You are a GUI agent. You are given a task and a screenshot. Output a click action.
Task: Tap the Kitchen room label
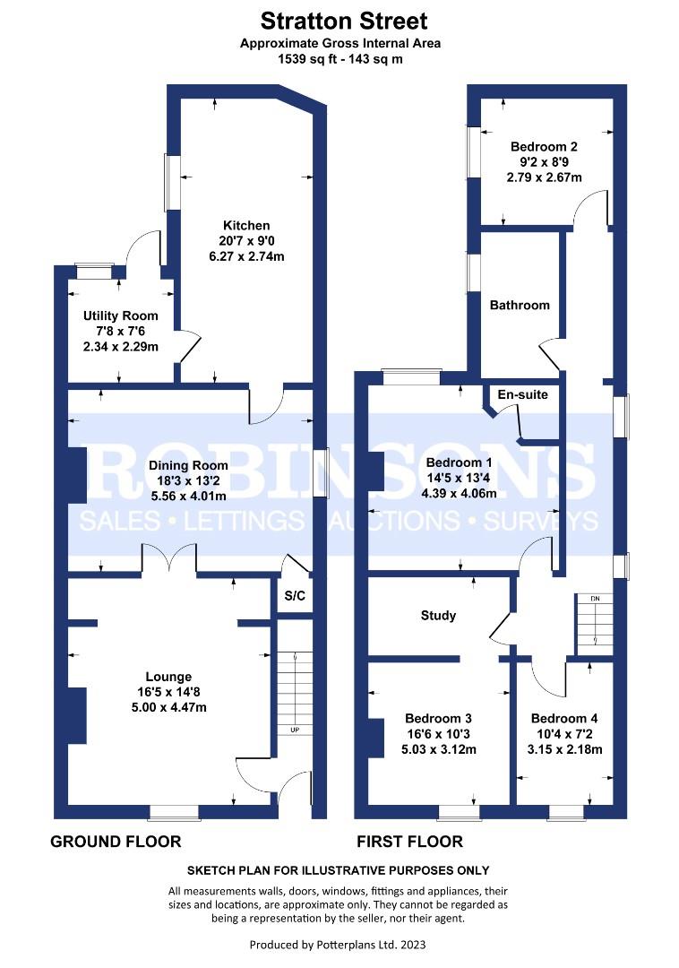pyautogui.click(x=246, y=225)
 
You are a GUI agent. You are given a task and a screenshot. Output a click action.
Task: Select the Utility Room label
pyautogui.click(x=121, y=315)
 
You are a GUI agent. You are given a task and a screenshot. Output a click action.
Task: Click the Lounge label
pyautogui.click(x=169, y=677)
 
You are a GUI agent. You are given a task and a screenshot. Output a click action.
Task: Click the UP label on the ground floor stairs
pyautogui.click(x=295, y=730)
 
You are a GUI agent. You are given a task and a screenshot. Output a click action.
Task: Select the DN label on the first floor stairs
pyautogui.click(x=593, y=598)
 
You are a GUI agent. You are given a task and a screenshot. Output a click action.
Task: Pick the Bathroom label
pyautogui.click(x=520, y=305)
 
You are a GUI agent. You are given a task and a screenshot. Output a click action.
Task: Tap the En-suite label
pyautogui.click(x=524, y=394)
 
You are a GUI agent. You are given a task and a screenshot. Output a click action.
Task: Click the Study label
pyautogui.click(x=438, y=616)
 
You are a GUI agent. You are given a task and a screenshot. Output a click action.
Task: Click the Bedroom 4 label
pyautogui.click(x=564, y=719)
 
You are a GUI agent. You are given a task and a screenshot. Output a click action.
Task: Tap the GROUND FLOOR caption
pyautogui.click(x=116, y=842)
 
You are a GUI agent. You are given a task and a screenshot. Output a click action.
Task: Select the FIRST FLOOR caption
pyautogui.click(x=409, y=842)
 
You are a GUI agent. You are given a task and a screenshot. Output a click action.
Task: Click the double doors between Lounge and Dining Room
pyautogui.click(x=170, y=559)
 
